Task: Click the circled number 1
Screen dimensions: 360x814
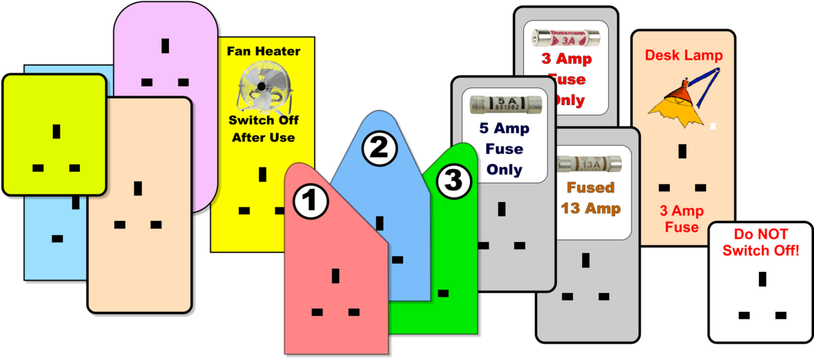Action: [x=310, y=201]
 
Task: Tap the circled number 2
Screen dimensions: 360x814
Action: [x=378, y=148]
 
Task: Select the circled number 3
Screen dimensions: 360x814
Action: [x=452, y=181]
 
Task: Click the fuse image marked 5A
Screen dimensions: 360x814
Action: [x=505, y=104]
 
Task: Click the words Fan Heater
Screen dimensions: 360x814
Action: [x=263, y=51]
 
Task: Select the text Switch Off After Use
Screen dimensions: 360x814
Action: [x=263, y=130]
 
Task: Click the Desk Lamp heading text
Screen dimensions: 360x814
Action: [x=683, y=56]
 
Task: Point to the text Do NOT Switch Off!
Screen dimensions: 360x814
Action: [x=760, y=243]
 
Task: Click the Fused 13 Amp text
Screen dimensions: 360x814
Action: [x=590, y=198]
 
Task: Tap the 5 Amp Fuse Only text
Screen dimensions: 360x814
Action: [x=505, y=148]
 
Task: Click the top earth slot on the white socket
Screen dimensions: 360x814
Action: [x=762, y=279]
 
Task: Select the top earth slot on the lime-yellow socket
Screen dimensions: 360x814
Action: [x=56, y=131]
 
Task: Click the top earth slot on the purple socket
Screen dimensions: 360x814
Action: [x=165, y=46]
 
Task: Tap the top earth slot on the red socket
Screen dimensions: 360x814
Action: [x=335, y=276]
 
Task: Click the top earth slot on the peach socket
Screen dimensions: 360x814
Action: [x=138, y=188]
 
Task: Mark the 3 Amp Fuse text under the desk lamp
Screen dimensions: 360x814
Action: [x=682, y=219]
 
